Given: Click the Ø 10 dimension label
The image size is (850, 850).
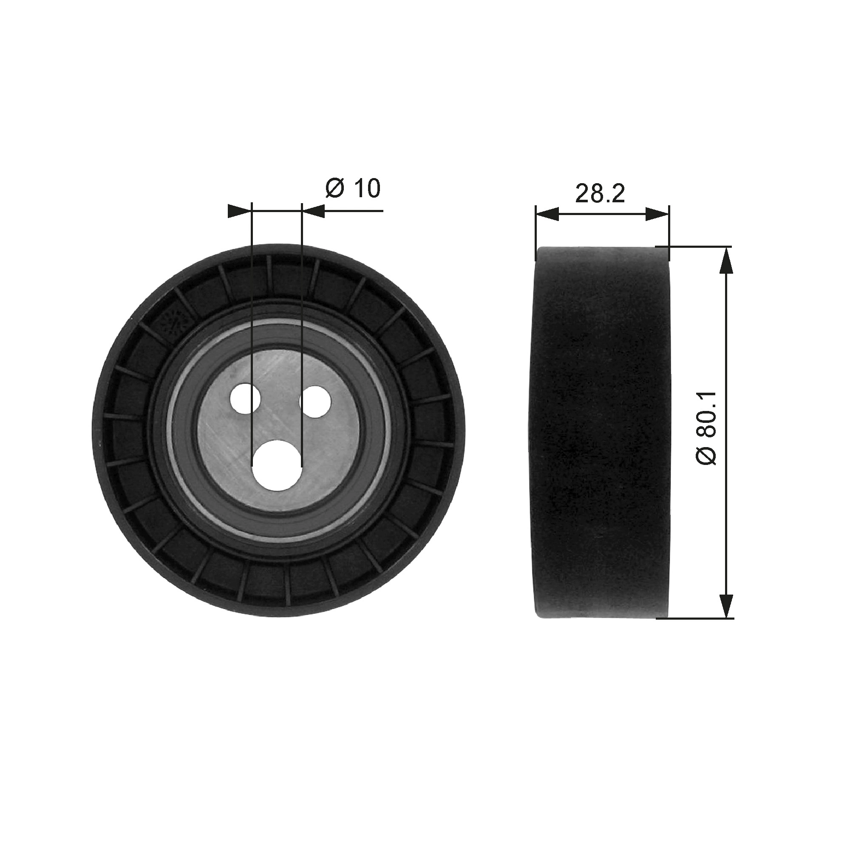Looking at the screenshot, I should [x=353, y=189].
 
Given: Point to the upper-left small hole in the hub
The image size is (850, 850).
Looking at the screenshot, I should [x=246, y=399].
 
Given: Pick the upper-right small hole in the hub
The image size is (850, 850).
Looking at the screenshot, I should [x=315, y=401].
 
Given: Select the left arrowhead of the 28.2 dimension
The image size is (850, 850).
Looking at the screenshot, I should [x=547, y=215].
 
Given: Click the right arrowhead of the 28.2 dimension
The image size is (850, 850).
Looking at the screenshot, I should [x=657, y=215].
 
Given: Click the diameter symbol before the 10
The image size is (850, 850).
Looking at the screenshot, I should [x=334, y=189].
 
